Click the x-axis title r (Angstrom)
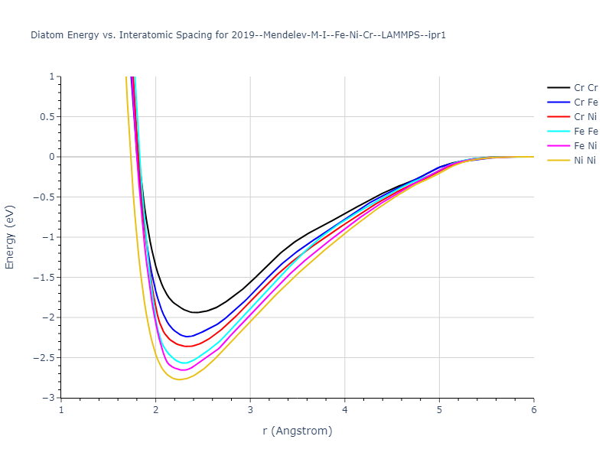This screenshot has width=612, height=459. pyautogui.click(x=298, y=431)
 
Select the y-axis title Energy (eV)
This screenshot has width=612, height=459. pyautogui.click(x=10, y=237)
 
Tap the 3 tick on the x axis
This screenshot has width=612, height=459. pyautogui.click(x=250, y=411)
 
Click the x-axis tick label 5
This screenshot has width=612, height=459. pyautogui.click(x=439, y=411)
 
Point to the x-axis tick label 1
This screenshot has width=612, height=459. pyautogui.click(x=61, y=411)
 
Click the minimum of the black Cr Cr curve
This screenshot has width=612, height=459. pyautogui.click(x=194, y=312)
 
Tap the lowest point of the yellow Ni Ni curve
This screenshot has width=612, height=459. pyautogui.click(x=180, y=379)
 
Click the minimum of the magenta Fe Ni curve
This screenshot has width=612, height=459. pyautogui.click(x=183, y=370)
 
